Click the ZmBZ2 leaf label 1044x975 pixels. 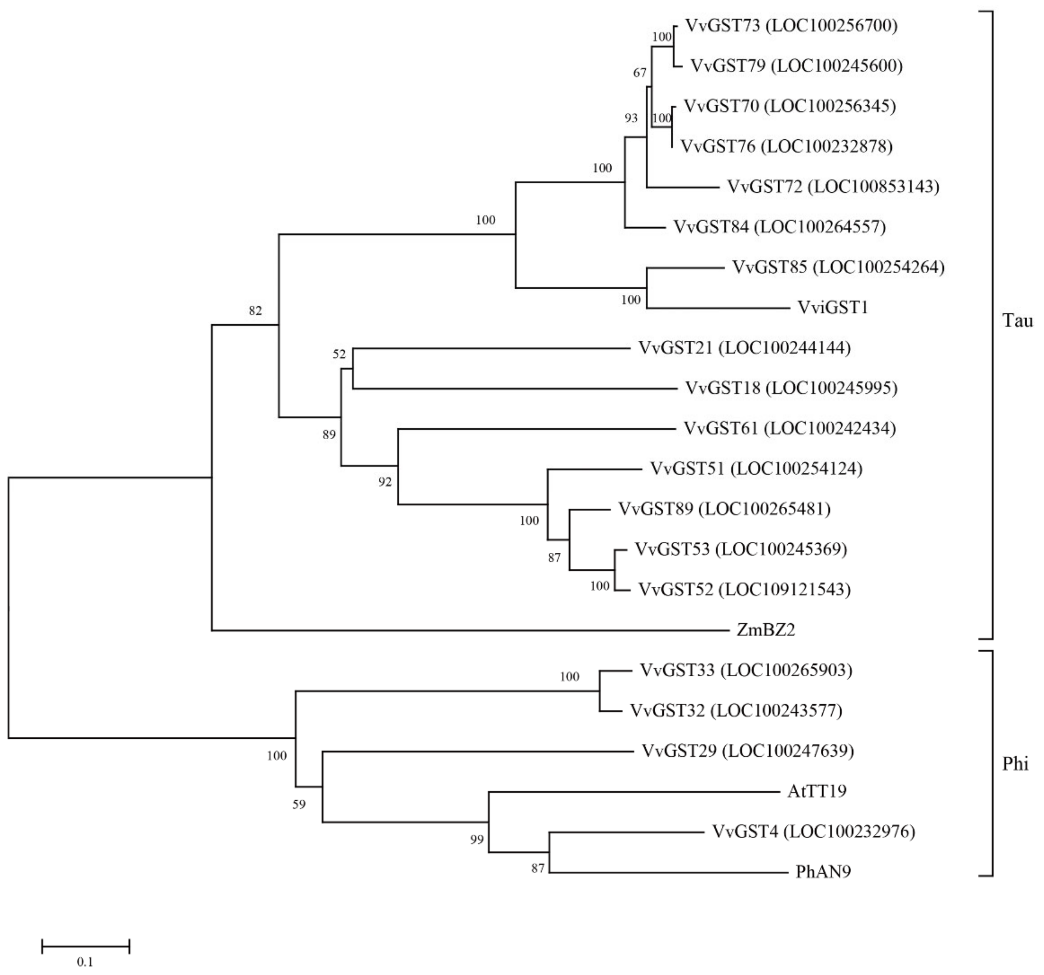[x=766, y=630]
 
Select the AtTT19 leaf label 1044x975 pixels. [x=817, y=791]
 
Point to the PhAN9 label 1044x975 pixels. [x=823, y=872]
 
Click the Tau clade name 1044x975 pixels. [x=1018, y=320]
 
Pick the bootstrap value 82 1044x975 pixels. [x=255, y=311]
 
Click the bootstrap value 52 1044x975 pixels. [x=339, y=354]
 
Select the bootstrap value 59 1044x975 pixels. [x=299, y=804]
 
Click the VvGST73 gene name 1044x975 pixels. [x=723, y=25]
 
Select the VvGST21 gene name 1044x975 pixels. [x=675, y=348]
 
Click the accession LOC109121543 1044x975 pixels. [x=785, y=590]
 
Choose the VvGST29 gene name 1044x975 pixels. [x=679, y=751]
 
